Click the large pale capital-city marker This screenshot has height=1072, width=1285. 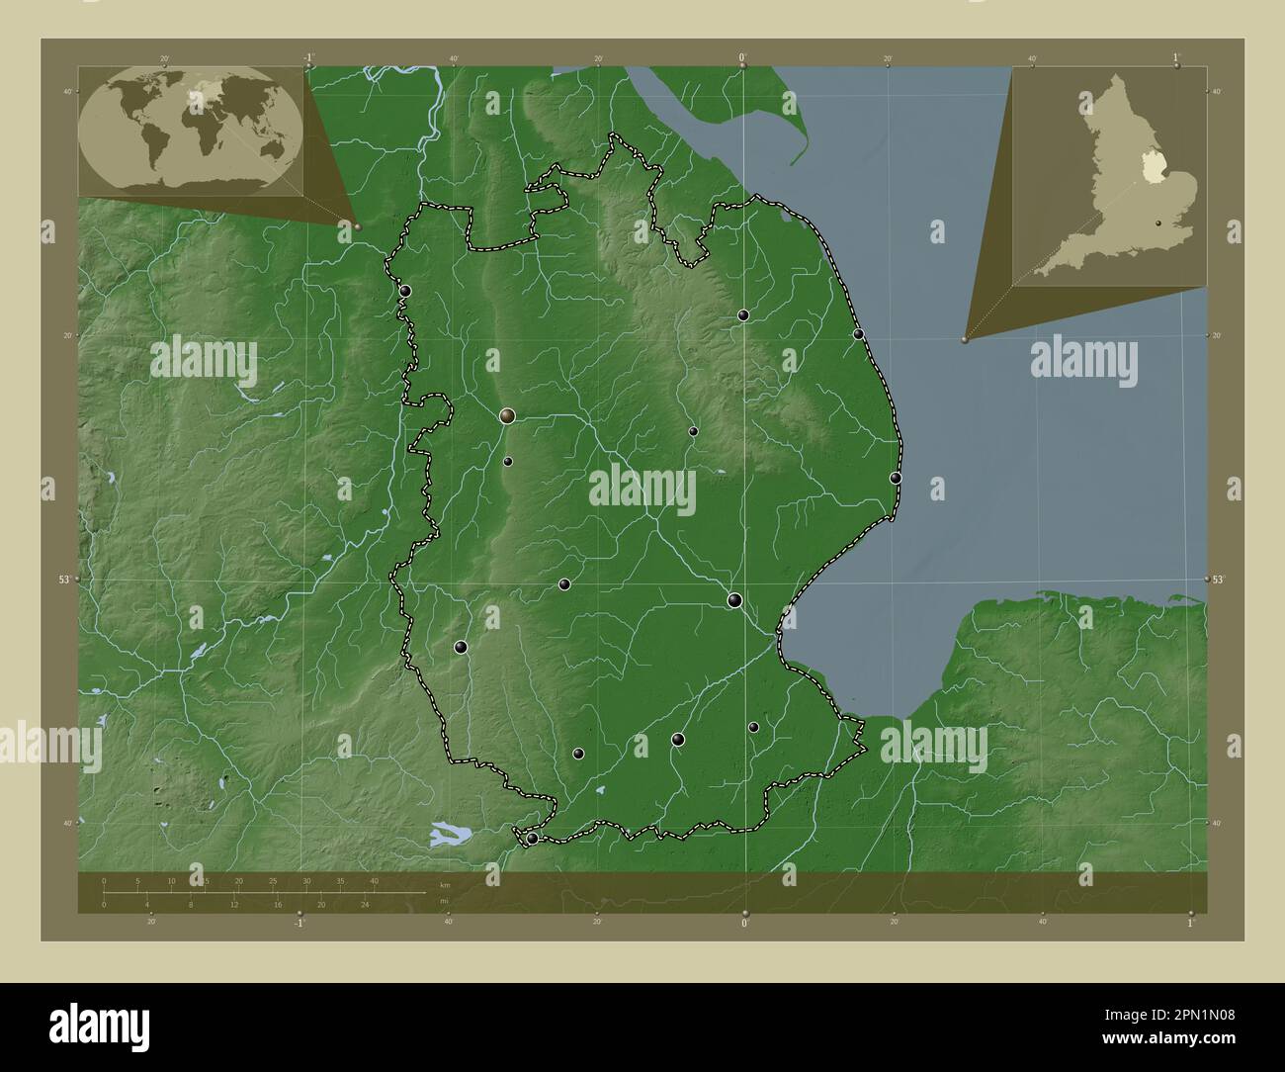click(x=508, y=416)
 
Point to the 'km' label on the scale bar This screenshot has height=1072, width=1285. click(x=445, y=883)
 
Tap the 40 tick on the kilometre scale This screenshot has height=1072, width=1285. click(x=374, y=881)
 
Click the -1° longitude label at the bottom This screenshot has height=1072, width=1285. click(x=298, y=923)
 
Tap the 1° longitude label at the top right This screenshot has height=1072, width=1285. click(x=1176, y=58)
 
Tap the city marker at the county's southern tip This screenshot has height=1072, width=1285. click(x=532, y=839)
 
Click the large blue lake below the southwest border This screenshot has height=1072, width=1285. click(x=451, y=835)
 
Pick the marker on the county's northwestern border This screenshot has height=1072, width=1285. click(x=405, y=291)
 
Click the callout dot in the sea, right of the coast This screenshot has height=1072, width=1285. click(x=964, y=339)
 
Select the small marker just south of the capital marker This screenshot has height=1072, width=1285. click(x=508, y=462)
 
